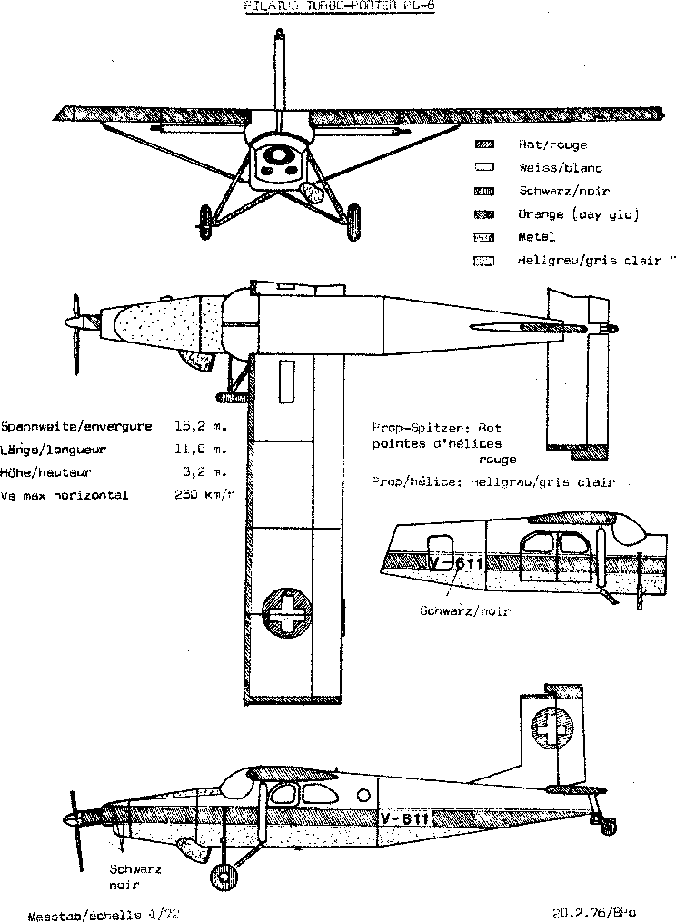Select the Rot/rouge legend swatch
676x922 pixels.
486,144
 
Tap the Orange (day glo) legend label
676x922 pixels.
565,214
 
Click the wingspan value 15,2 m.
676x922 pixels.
200,425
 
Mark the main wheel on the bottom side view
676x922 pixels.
221,877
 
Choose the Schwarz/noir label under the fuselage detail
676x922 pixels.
464,610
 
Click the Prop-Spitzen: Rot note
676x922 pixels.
436,427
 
